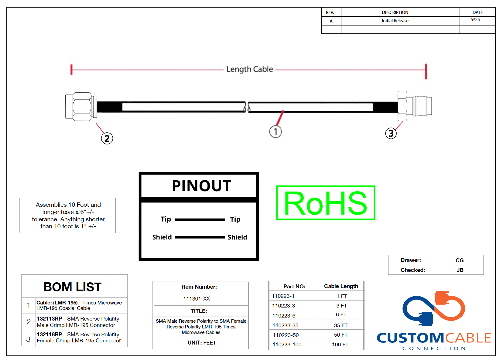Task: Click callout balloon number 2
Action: click(107, 138)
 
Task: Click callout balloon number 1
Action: click(275, 132)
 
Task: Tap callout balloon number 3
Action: click(391, 133)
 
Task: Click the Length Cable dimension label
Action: click(250, 69)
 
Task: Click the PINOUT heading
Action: click(201, 186)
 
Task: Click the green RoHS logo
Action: click(325, 203)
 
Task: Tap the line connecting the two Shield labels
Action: click(200, 237)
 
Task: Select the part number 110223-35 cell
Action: click(286, 325)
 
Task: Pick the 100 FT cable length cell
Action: click(340, 345)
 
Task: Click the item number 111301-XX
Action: click(197, 299)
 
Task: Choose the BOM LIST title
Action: click(73, 287)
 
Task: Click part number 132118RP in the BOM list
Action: click(50, 334)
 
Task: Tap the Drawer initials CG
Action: click(460, 260)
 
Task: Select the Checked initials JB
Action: click(460, 270)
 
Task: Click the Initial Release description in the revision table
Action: click(395, 21)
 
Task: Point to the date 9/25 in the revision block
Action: click(475, 20)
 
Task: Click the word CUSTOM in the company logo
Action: click(410, 338)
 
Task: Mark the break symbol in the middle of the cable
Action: click(247, 107)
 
